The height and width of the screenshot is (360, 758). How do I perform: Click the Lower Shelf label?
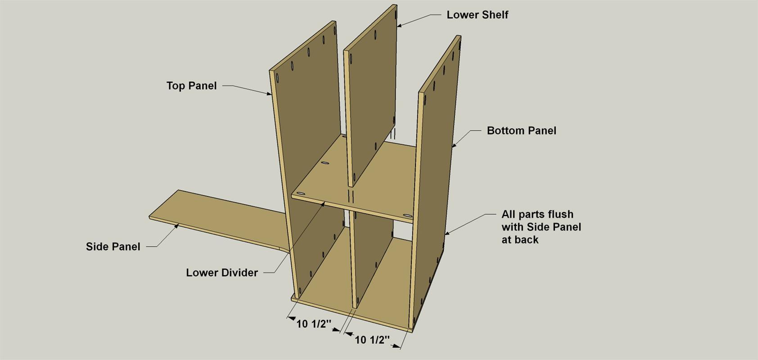[477, 15]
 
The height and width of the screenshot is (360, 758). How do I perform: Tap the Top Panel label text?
[192, 85]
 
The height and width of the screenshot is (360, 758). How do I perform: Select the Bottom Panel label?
[522, 130]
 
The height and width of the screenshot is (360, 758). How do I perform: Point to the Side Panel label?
[113, 247]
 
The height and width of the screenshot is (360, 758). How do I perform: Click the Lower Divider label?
[222, 273]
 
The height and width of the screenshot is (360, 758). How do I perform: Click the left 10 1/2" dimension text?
[314, 324]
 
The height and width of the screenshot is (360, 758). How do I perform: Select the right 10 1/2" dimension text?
[372, 340]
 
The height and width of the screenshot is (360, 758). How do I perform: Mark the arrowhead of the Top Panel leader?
[269, 93]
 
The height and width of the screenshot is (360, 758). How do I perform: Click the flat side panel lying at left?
[217, 220]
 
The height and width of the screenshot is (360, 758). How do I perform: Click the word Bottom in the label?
[504, 130]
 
